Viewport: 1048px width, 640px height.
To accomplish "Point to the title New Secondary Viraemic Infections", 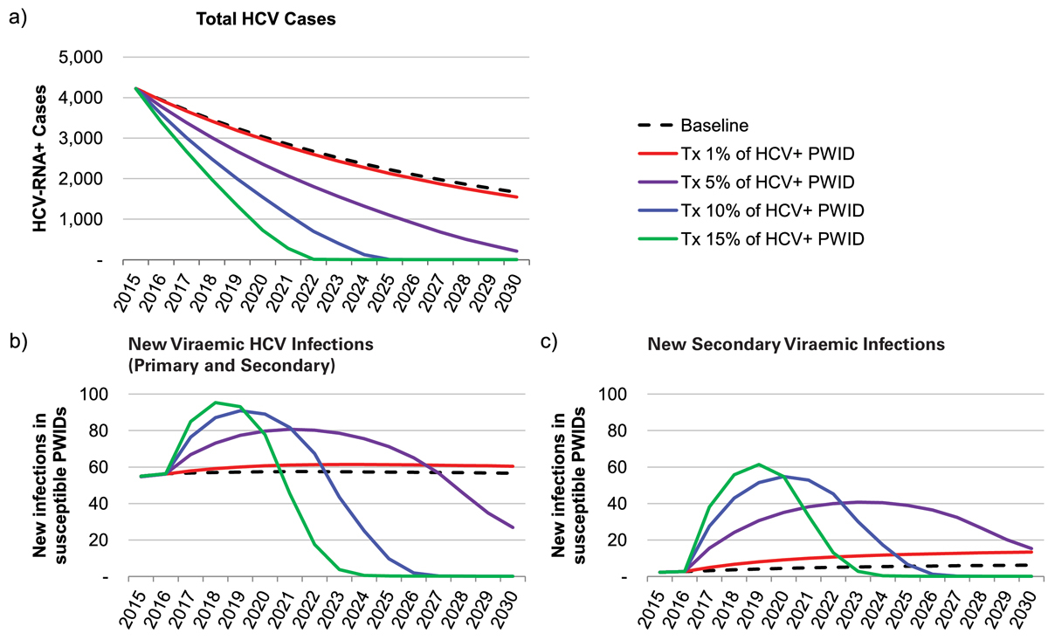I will (796, 344).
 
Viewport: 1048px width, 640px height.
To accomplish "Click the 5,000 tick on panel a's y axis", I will (79, 58).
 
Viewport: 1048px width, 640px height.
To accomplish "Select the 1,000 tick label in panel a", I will (79, 220).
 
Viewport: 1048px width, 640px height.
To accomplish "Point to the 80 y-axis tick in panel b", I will (99, 430).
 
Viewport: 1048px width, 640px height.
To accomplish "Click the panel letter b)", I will (17, 344).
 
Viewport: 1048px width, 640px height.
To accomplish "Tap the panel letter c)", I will (548, 344).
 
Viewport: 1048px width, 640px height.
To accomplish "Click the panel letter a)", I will (17, 18).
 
